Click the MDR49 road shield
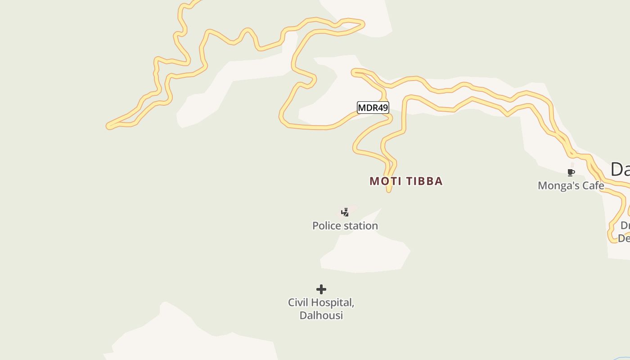point(373,108)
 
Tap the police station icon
point(345,212)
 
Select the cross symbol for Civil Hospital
point(321,289)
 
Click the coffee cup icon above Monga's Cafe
point(571,172)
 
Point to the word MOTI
point(386,181)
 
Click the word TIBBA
point(424,181)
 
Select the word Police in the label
point(327,226)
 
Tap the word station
point(361,226)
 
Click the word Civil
point(298,302)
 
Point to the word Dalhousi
point(321,315)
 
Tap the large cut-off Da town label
point(620,170)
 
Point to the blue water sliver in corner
point(623,359)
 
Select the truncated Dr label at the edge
point(625,225)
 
